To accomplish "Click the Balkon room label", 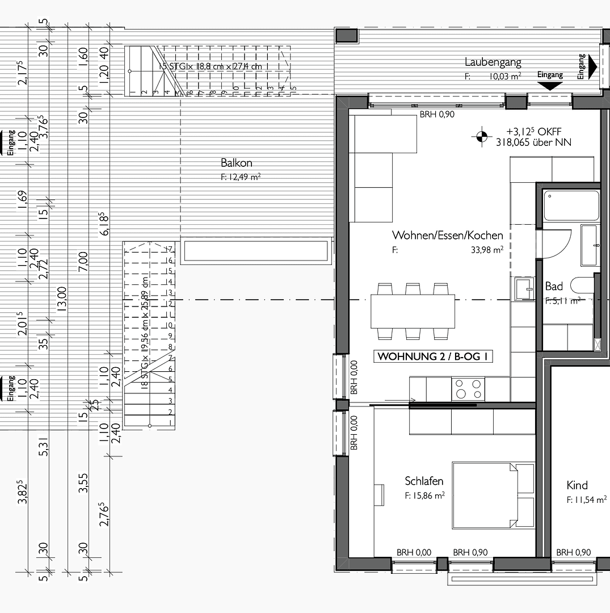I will click(x=237, y=163).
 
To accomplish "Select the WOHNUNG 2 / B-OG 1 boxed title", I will click(x=432, y=357).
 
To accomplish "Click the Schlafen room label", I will click(x=424, y=481).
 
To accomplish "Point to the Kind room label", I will click(x=577, y=485).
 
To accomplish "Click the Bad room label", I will click(x=554, y=286).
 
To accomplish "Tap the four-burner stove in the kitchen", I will click(x=468, y=389).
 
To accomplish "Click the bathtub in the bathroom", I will click(x=571, y=206).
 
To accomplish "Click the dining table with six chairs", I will click(x=413, y=311).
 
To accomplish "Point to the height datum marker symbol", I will click(x=482, y=136).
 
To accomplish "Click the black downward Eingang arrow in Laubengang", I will click(x=549, y=86).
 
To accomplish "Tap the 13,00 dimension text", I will click(x=62, y=299).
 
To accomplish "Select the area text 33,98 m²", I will click(x=488, y=249).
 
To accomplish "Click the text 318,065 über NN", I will click(x=533, y=142).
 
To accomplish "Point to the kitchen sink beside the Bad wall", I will click(x=524, y=288).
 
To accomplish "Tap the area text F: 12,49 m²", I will click(x=241, y=177).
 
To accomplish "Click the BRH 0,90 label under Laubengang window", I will click(x=437, y=114).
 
